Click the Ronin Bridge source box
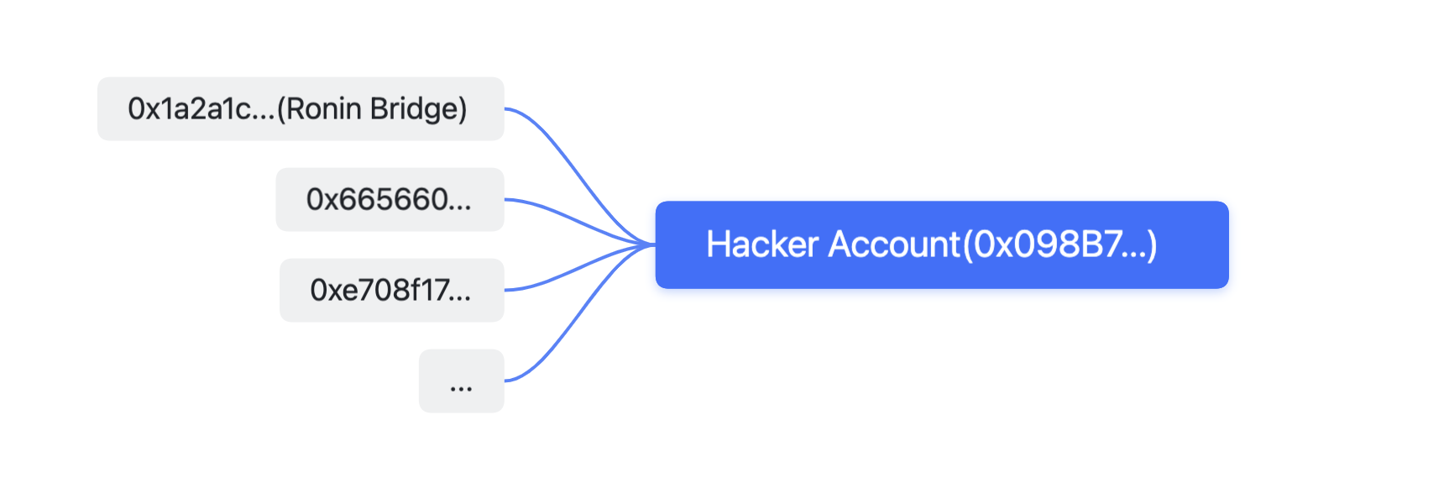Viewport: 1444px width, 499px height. [x=301, y=109]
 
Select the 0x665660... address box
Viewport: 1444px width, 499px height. [x=390, y=200]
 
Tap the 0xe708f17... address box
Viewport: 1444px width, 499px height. [x=391, y=291]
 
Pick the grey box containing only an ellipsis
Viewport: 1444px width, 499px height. [x=461, y=381]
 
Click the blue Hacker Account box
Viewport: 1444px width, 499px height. [x=942, y=245]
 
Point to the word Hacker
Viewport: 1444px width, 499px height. [x=762, y=244]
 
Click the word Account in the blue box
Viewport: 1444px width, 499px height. [x=894, y=244]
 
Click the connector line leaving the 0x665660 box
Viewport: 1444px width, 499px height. [x=580, y=221]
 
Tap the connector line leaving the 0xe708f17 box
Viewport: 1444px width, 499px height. [x=580, y=268]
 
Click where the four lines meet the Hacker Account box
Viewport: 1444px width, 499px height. [x=654, y=244]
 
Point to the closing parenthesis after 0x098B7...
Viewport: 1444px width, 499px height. [x=1152, y=245]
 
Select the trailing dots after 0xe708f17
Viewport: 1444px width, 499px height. [x=460, y=298]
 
